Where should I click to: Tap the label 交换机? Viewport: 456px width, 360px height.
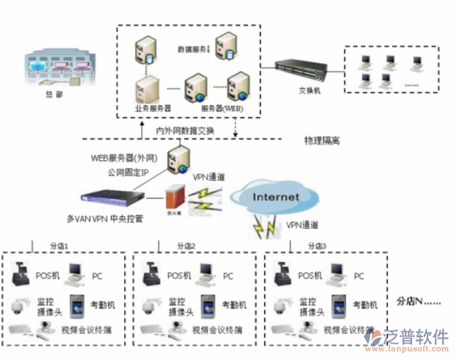click(310, 92)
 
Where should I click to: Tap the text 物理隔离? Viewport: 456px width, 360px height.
click(322, 141)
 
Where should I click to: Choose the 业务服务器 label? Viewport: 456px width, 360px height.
click(153, 109)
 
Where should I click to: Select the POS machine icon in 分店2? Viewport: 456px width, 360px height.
click(151, 272)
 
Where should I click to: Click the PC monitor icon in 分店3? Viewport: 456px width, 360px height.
click(338, 272)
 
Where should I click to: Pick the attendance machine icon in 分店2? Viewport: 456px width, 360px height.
click(207, 305)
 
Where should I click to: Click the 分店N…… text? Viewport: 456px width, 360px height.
click(418, 300)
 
